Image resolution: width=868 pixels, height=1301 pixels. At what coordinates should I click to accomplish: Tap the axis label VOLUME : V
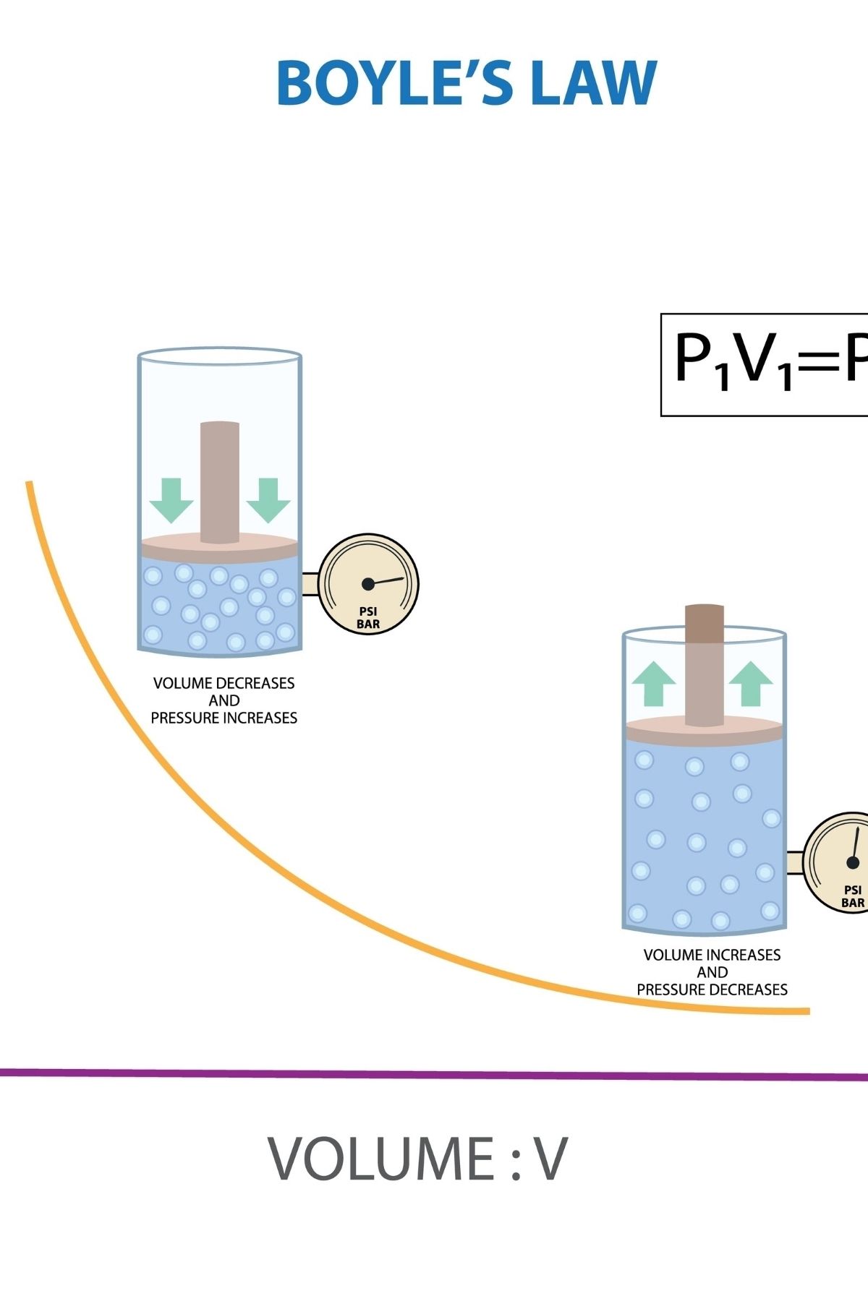point(417,1159)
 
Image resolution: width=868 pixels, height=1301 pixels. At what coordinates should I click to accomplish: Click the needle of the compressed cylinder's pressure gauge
point(388,580)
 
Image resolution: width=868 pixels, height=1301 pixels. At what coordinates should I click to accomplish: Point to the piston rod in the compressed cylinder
point(219,481)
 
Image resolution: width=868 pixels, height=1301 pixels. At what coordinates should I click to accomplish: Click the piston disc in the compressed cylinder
point(219,548)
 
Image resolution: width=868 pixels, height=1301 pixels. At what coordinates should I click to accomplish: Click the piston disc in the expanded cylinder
point(704,731)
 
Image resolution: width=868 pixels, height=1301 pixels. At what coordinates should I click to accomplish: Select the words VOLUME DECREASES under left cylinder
point(224,683)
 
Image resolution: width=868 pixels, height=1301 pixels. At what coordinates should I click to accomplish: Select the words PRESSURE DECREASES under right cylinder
point(712,989)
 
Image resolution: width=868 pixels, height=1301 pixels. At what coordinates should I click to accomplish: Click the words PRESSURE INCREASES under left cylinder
point(224,718)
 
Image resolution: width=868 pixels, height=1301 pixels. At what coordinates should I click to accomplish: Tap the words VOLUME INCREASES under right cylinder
point(712,955)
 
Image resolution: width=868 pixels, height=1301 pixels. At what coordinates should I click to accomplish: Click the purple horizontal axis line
point(434,1074)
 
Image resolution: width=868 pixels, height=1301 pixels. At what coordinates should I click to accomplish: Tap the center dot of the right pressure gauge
point(853,862)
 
